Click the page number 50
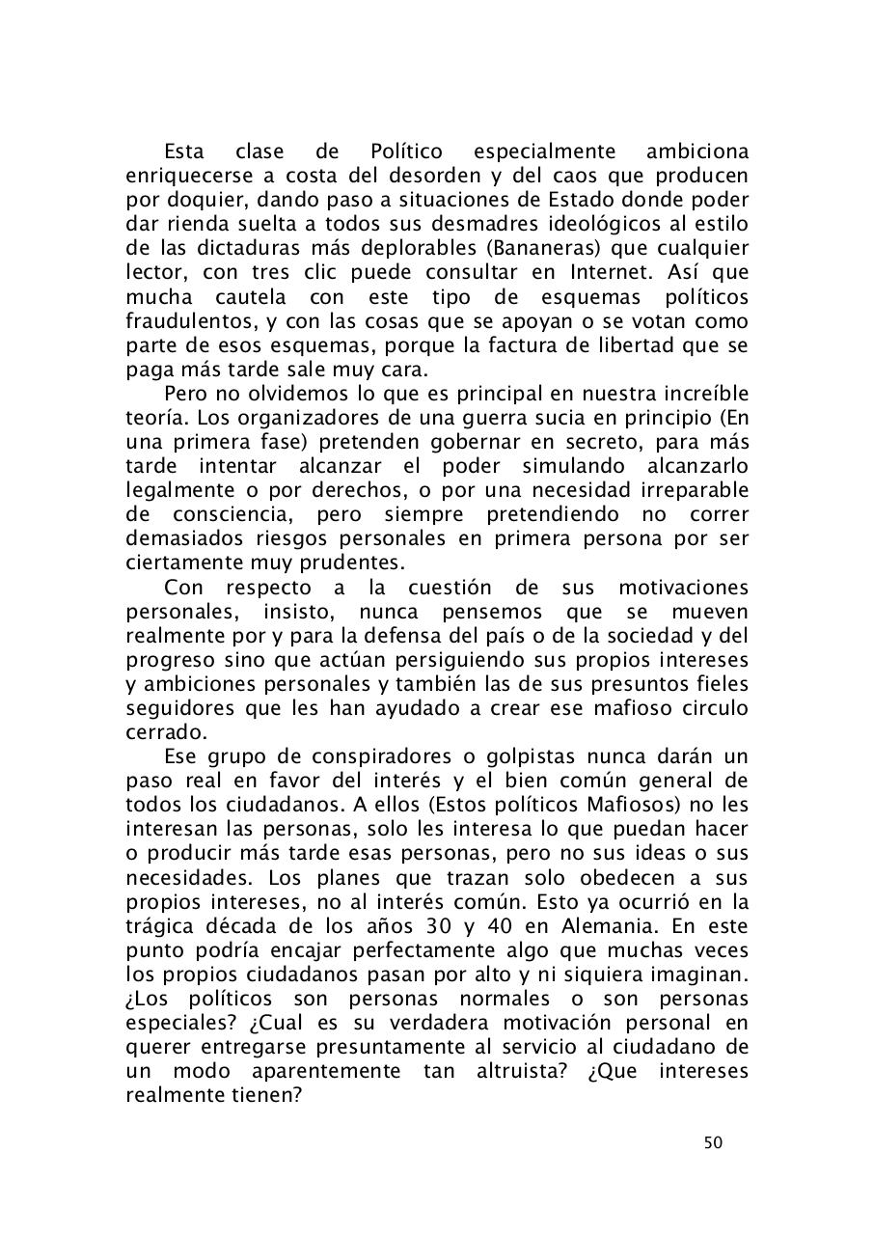(713, 1143)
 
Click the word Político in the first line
(406, 152)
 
